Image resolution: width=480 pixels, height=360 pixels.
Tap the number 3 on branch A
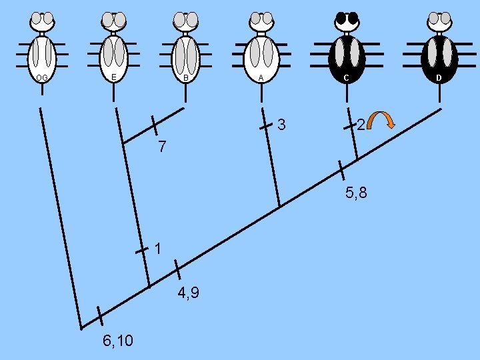point(282,125)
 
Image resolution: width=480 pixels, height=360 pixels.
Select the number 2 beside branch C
point(360,125)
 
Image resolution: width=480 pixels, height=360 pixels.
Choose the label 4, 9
point(189,293)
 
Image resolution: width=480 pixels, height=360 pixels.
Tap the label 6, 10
point(118,341)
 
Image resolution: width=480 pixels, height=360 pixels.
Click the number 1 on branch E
point(158,250)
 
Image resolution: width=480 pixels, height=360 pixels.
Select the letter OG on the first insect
point(41,78)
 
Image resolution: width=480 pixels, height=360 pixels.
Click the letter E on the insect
point(113,78)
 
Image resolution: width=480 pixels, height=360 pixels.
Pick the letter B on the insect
point(186,78)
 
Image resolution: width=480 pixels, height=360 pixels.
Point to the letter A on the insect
point(261,78)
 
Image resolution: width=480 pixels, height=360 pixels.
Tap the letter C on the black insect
point(346,78)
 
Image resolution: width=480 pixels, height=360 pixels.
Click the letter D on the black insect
point(439,78)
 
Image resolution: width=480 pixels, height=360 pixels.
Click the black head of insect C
point(346,19)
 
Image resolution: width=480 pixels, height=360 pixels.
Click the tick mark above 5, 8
point(341,170)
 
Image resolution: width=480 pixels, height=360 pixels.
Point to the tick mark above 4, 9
point(177,269)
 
